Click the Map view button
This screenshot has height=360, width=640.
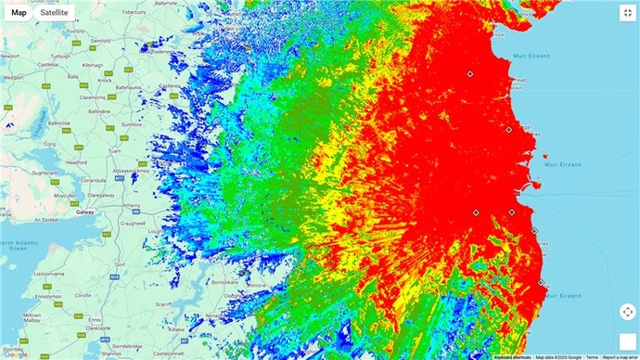tap(19, 12)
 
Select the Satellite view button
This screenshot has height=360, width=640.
tap(54, 12)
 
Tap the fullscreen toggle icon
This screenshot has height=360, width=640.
tap(627, 13)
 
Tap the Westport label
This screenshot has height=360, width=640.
tap(12, 81)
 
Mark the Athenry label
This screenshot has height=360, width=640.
tap(129, 205)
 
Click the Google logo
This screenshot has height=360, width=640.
tap(15, 354)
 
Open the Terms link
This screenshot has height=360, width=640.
tap(591, 356)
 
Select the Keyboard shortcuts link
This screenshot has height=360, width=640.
tap(513, 356)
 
